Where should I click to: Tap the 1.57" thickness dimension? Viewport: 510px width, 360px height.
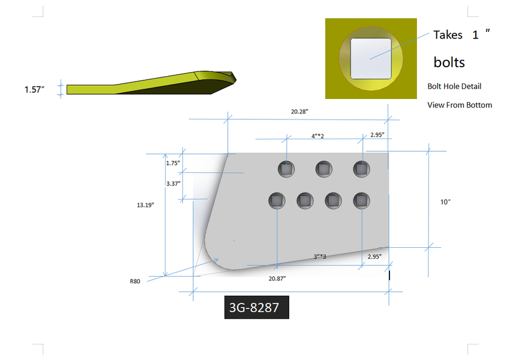[34, 89]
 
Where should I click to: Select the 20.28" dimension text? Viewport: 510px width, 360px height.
[299, 112]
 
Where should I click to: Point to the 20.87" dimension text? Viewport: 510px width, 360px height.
[277, 278]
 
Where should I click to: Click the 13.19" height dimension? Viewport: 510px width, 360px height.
[145, 205]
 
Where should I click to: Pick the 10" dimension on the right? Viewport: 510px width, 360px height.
[445, 202]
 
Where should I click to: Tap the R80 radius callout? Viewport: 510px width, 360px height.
[135, 281]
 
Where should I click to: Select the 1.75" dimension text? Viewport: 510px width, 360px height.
[173, 163]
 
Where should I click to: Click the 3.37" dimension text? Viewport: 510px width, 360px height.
[173, 184]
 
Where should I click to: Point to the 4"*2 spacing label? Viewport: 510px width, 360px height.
[317, 136]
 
